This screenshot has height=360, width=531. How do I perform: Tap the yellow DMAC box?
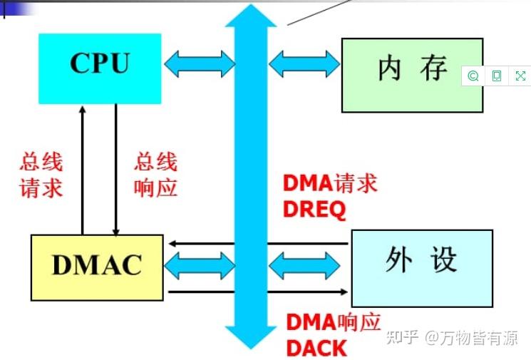click(x=97, y=267)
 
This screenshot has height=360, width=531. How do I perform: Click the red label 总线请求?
click(x=41, y=175)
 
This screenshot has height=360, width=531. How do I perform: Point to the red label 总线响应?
click(x=155, y=175)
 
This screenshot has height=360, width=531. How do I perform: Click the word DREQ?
click(x=314, y=209)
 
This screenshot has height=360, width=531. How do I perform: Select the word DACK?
click(x=316, y=348)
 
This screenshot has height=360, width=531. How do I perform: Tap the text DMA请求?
click(x=330, y=184)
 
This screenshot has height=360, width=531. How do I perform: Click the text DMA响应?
click(x=334, y=323)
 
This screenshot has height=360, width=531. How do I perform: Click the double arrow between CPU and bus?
click(x=200, y=65)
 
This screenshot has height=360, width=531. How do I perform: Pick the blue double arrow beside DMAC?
click(x=200, y=266)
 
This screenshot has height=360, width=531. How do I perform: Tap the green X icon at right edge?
click(x=520, y=76)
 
